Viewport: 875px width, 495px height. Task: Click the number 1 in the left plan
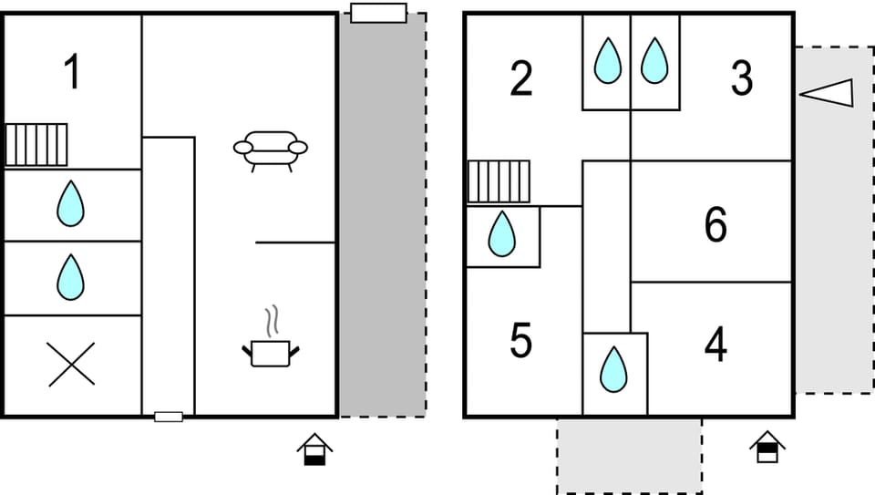tap(71, 73)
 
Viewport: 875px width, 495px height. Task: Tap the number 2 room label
tap(520, 80)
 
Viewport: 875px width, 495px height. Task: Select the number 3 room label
tap(742, 80)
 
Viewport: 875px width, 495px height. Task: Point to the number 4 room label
tap(715, 345)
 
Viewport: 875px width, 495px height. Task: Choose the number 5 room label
tap(520, 341)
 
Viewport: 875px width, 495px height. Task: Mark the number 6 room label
tap(715, 225)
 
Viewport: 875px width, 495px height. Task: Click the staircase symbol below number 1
tap(36, 145)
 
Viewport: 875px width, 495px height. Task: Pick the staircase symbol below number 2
tap(499, 181)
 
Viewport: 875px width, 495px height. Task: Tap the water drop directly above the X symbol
tap(70, 277)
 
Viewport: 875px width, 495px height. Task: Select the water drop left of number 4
tap(614, 369)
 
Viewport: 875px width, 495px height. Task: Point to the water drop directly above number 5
tap(501, 234)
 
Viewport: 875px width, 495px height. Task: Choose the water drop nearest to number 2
tap(607, 61)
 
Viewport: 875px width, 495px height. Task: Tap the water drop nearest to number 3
tap(654, 61)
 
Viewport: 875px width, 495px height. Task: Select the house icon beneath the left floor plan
tap(314, 449)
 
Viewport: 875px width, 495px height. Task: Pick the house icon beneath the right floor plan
tap(767, 446)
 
